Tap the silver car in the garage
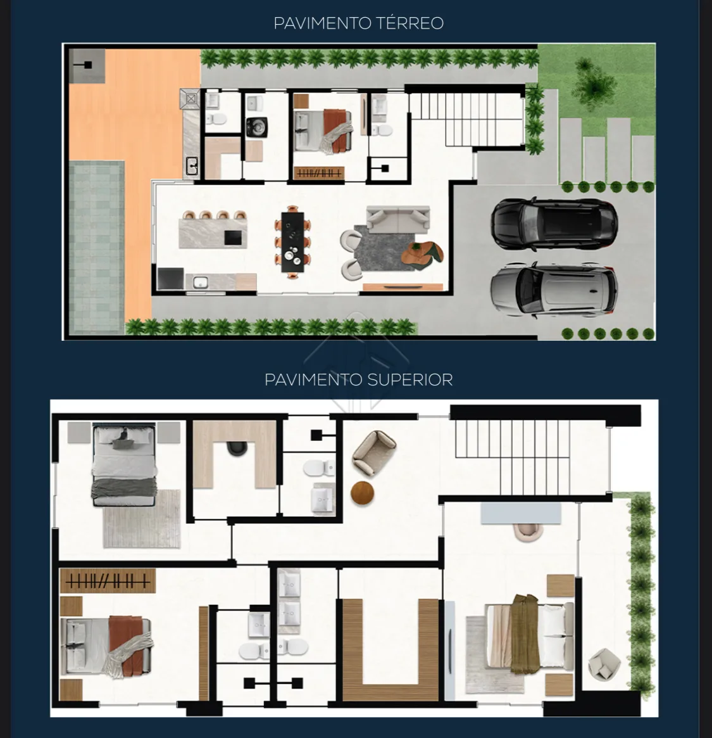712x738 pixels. tap(553, 289)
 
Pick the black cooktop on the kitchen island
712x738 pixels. tap(232, 238)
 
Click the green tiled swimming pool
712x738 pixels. tap(96, 247)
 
